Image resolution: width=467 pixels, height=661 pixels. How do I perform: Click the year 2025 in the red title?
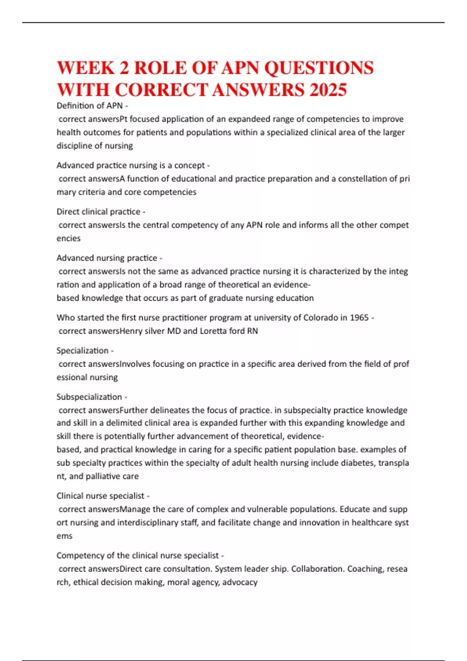point(328,90)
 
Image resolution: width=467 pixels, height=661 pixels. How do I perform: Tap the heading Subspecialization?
point(89,397)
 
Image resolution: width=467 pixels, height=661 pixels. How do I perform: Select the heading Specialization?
point(83,351)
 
